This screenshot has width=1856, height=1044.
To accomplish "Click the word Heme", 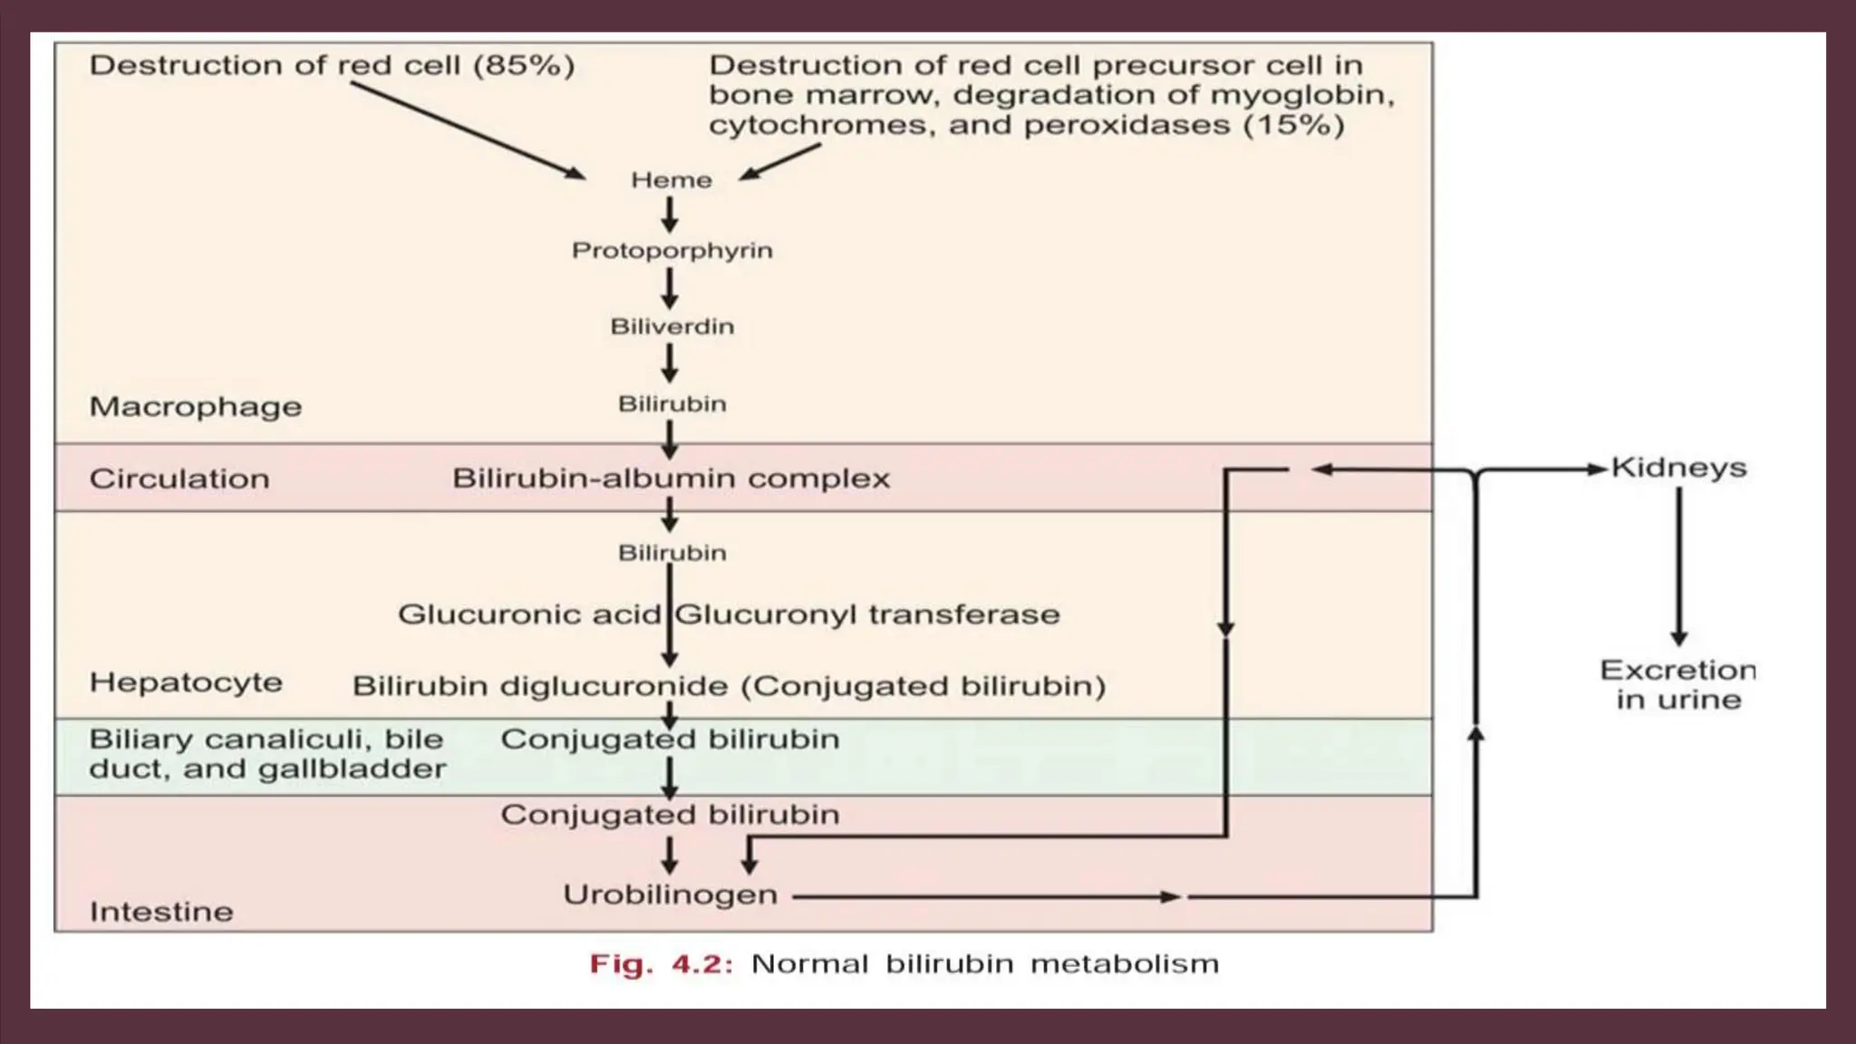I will point(672,180).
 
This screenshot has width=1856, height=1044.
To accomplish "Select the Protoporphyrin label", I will point(672,250).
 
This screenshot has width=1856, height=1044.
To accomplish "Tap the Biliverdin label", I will point(672,326).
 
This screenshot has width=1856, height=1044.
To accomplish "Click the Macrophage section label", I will point(195,407).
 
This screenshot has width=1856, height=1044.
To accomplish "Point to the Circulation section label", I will point(179,478).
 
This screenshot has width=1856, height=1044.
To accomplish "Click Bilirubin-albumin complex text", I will point(671,478).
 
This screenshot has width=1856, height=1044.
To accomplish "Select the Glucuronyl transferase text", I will point(867,614).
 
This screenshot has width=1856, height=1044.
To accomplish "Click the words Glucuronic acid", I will point(529,614).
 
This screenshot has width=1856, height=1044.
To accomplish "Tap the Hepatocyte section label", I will point(186,682).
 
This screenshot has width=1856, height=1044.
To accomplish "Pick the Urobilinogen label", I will point(670,894).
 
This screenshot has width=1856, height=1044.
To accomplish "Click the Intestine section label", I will point(161,912).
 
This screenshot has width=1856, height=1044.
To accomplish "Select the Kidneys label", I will point(1678,468).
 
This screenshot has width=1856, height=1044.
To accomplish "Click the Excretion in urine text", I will point(1678,684).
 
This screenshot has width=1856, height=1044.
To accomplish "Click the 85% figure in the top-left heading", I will point(524,65).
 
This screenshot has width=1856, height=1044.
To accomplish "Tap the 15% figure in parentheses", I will point(1293,124).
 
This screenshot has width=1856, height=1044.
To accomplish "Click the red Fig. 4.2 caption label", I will point(661,963).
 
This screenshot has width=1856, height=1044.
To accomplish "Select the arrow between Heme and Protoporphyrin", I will point(670,215).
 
